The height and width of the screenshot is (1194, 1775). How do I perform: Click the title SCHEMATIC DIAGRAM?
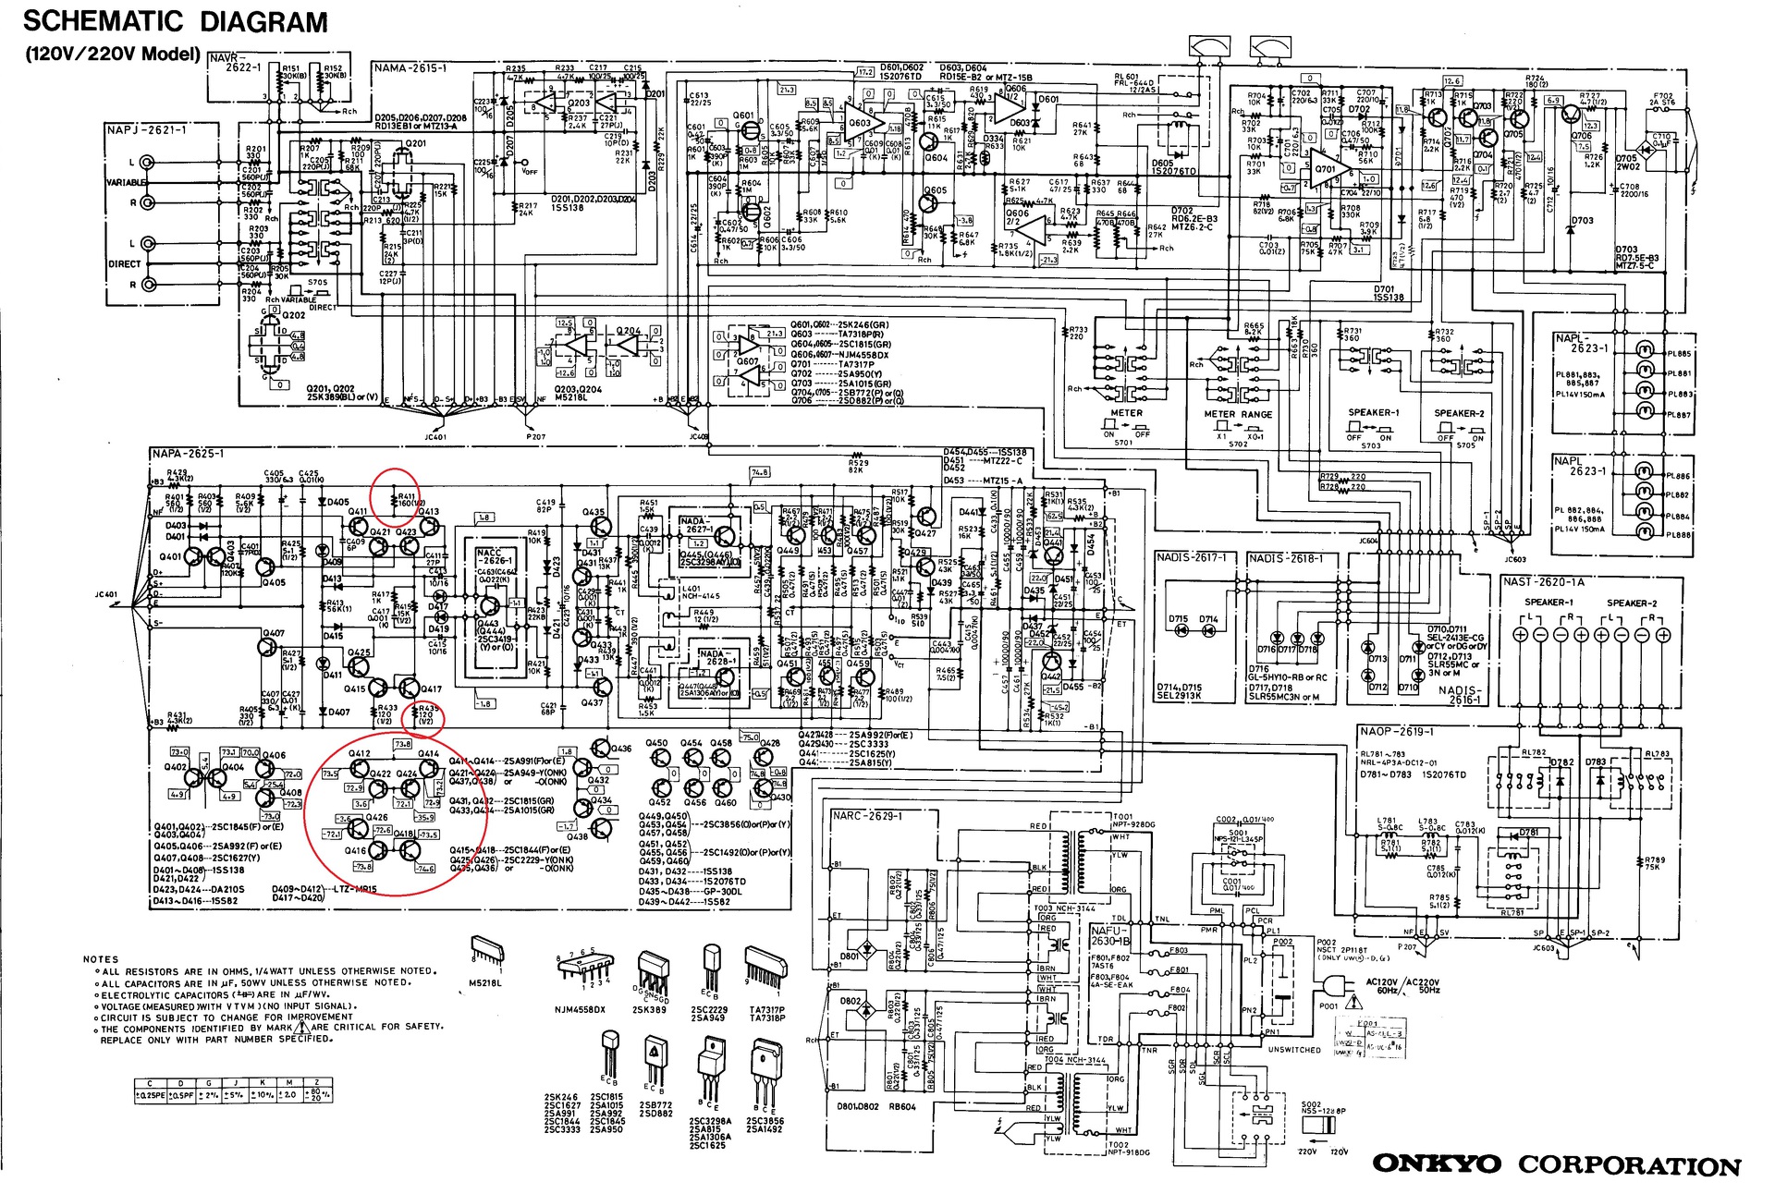175,22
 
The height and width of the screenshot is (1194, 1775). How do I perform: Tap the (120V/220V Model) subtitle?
113,54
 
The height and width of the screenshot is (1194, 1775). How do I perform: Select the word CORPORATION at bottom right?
1629,1165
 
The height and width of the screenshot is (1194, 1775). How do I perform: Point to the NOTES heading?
101,959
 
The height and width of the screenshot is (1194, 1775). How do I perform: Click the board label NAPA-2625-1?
188,454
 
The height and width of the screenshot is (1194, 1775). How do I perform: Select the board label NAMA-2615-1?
410,68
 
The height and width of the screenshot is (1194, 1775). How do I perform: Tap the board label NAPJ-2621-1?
147,130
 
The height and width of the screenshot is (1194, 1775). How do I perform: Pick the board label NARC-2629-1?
867,816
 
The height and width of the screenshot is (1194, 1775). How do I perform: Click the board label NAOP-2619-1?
1397,731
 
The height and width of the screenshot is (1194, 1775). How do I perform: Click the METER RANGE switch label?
1238,414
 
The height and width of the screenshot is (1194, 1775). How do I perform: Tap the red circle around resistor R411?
395,496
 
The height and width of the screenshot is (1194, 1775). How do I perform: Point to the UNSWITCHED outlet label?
1294,1050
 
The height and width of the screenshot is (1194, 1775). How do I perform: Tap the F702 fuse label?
1663,99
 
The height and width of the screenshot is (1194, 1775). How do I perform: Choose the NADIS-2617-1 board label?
1192,558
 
